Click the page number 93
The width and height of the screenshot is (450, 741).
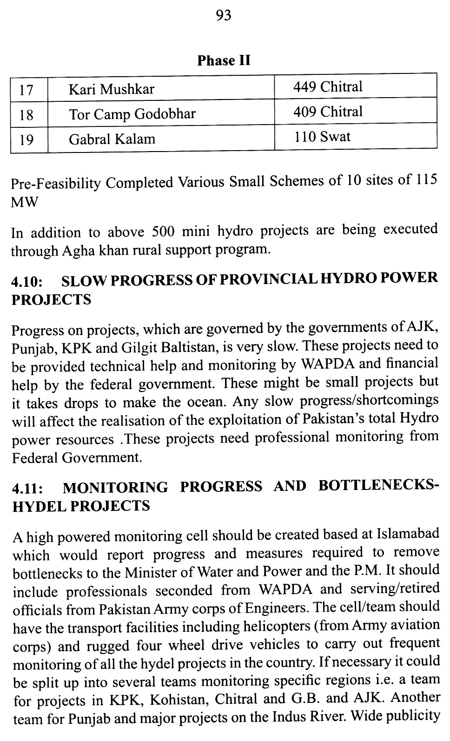[224, 16]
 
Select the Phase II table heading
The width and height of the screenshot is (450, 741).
[224, 61]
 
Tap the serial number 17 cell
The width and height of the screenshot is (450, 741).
[26, 90]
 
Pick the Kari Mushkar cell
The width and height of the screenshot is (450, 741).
[112, 89]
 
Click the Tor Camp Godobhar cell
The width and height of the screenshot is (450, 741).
[132, 114]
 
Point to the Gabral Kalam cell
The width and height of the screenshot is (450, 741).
[112, 139]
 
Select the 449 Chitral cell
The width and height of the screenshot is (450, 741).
[328, 87]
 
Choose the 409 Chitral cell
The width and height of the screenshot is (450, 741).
[328, 112]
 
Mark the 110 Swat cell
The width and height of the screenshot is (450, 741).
[322, 137]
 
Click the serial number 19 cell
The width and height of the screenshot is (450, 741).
[26, 139]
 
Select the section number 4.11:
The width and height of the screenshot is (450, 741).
[28, 489]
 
